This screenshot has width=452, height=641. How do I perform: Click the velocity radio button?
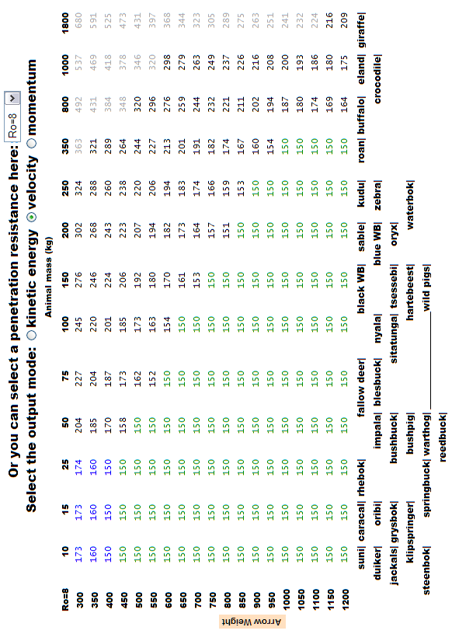32,217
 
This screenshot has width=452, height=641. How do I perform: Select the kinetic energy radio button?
32,335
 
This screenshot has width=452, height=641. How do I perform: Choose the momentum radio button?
32,143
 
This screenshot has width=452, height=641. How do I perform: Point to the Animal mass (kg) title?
48,277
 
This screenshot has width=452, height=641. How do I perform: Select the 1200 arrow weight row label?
345,600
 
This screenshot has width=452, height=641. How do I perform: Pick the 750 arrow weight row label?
213,600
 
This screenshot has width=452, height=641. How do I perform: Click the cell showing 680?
79,21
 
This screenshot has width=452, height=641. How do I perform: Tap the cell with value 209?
345,21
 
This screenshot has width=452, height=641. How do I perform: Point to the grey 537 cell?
79,63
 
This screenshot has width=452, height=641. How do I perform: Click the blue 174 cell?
79,467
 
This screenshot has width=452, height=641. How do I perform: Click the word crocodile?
377,79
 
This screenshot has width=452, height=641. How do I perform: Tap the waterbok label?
410,204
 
